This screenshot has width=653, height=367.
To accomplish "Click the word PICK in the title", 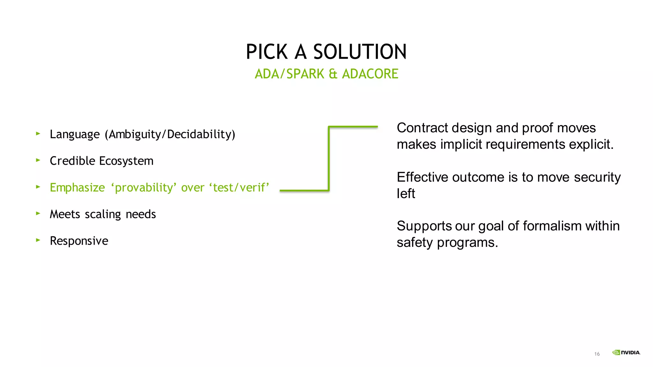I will [x=267, y=52].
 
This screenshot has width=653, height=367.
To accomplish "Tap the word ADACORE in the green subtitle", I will [x=370, y=74].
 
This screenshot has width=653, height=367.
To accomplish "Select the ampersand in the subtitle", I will [x=333, y=74].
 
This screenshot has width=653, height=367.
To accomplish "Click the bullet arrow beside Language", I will [x=38, y=134].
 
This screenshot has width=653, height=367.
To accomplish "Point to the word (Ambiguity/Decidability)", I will [x=170, y=134].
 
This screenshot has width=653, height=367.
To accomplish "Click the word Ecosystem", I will [x=126, y=161].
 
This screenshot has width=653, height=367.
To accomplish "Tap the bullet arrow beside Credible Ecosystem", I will [x=38, y=160].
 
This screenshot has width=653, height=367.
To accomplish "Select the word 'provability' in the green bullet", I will [x=143, y=188].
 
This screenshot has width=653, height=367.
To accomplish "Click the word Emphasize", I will [x=77, y=188].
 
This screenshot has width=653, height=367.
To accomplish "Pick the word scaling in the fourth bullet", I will [x=103, y=214].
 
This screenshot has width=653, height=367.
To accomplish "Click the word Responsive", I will [x=79, y=241].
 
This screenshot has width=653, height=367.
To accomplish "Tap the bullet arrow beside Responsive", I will [x=38, y=240].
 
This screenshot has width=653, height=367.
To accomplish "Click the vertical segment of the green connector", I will [x=329, y=159].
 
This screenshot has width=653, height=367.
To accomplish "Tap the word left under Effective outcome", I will [x=406, y=193].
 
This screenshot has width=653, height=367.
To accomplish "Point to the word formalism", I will [x=552, y=226].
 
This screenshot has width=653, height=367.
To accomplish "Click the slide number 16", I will [x=597, y=354].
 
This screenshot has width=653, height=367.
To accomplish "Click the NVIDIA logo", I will [x=626, y=352].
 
